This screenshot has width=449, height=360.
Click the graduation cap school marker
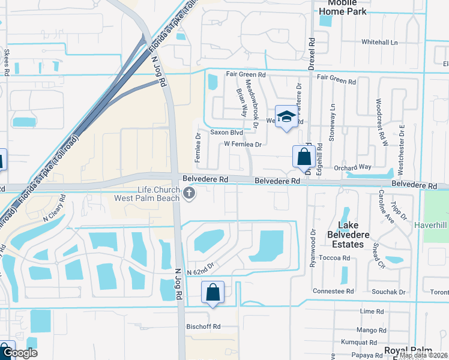pyautogui.click(x=286, y=116)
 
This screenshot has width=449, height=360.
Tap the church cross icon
pyautogui.click(x=190, y=193)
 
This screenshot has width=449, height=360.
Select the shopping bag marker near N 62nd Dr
pyautogui.click(x=212, y=292)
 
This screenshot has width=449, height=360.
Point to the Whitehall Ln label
pyautogui.click(x=379, y=43)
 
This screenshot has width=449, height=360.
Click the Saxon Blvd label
pyautogui.click(x=226, y=132)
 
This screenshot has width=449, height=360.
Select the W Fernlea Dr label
pyautogui.click(x=243, y=145)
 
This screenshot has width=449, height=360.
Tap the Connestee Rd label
pyautogui.click(x=333, y=291)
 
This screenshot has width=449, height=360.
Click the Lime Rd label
pyautogui.click(x=372, y=311)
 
